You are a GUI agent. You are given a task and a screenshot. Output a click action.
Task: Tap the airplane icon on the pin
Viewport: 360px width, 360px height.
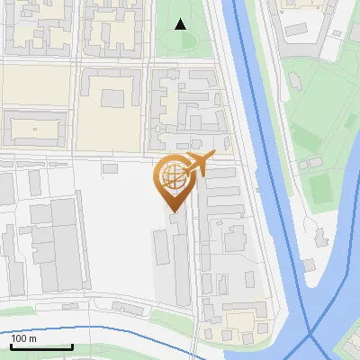coord(199,164)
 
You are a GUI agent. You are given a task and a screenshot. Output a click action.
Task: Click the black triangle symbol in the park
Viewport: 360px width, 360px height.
coord(181,24)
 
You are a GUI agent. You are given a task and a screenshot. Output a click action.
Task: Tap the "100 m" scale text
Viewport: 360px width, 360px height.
coord(24,338)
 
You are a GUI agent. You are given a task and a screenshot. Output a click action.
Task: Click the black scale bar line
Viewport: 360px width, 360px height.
coord(41,346)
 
